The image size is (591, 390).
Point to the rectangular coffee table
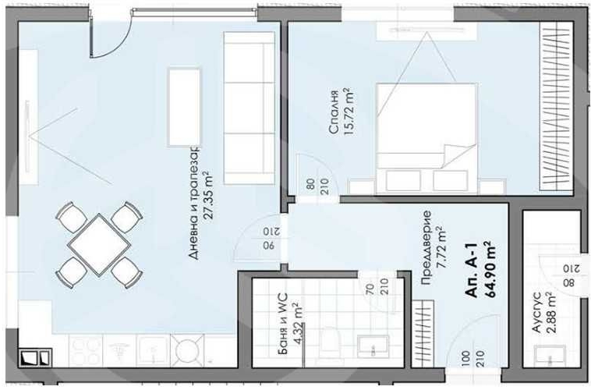(185, 105)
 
